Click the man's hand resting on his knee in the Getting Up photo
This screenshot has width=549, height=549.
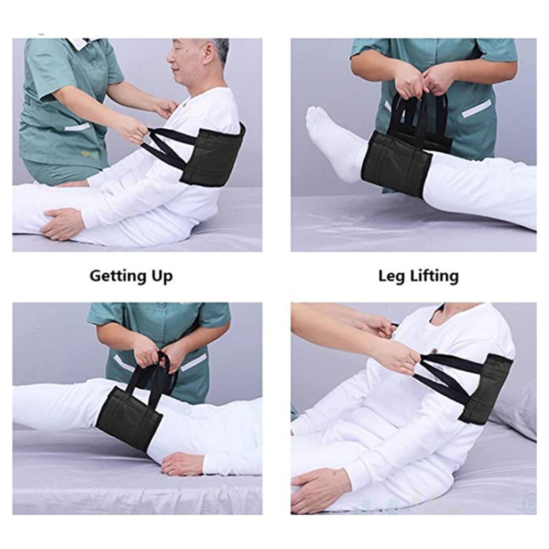point(62,223)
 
